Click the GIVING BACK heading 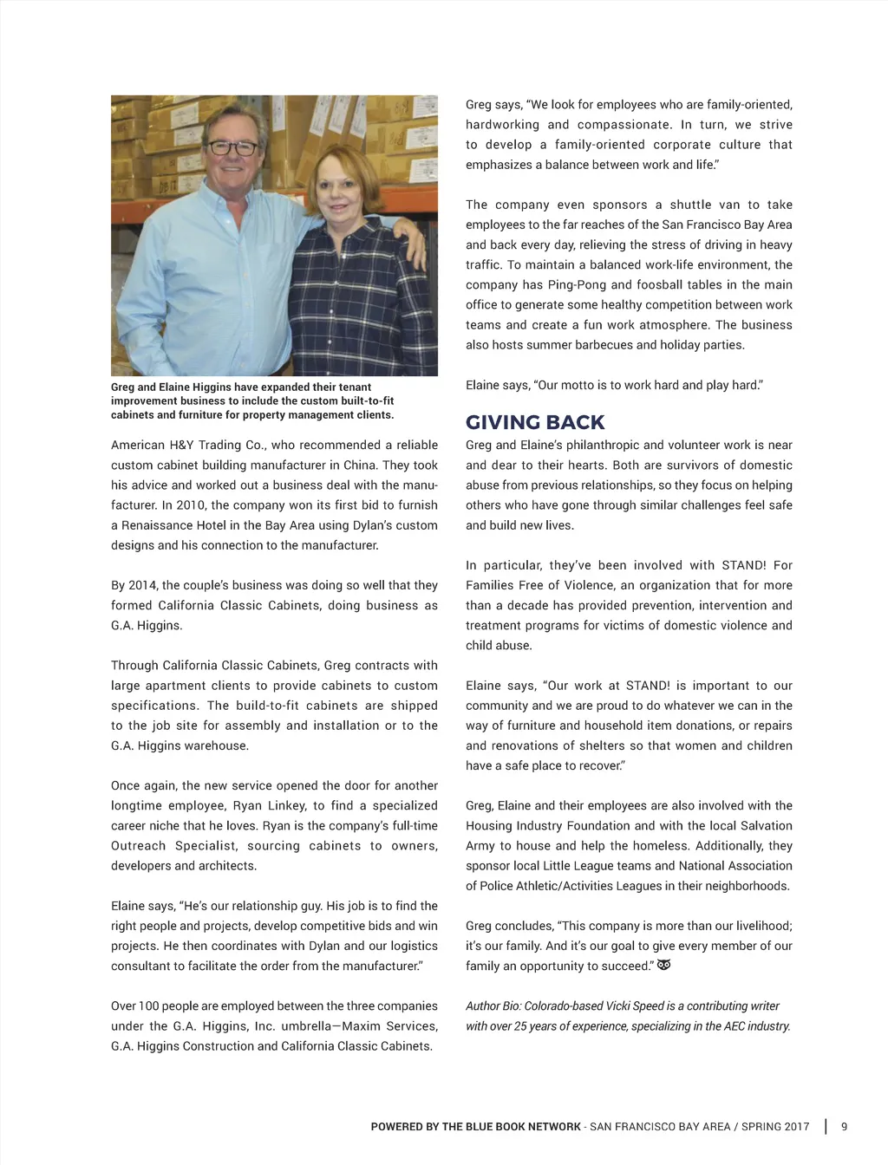point(535,423)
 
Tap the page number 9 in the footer point(845,1127)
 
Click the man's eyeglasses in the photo point(231,148)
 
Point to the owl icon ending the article point(664,965)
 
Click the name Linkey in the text point(286,806)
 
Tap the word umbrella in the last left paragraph point(310,1026)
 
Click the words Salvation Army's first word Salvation point(763,826)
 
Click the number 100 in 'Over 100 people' point(149,1006)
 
